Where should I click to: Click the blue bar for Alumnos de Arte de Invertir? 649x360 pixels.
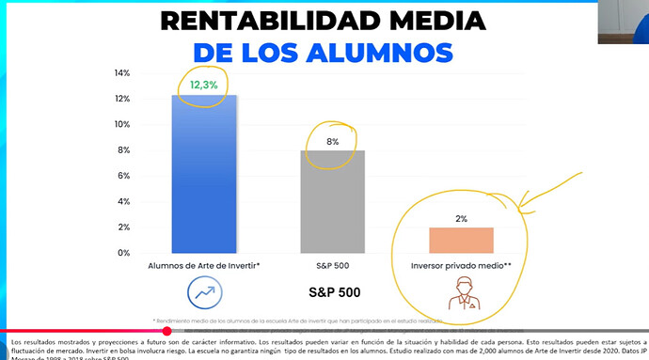click(x=203, y=174)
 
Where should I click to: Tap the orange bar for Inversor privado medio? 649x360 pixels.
click(x=461, y=240)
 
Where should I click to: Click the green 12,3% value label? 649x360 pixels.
click(x=204, y=85)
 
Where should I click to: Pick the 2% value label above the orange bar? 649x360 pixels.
click(x=461, y=218)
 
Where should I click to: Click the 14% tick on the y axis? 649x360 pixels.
click(x=121, y=73)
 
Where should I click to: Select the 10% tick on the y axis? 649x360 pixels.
click(x=121, y=125)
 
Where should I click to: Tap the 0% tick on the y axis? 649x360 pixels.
click(x=123, y=253)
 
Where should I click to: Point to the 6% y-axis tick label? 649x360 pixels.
click(x=123, y=176)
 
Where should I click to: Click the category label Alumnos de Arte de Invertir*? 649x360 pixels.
click(x=203, y=266)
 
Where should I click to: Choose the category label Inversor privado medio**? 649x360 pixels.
click(x=461, y=266)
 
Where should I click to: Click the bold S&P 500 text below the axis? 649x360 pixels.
click(x=334, y=291)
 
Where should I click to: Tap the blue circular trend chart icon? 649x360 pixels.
click(x=204, y=291)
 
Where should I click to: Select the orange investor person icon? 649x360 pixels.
click(x=461, y=293)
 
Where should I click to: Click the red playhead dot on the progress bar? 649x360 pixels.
click(x=167, y=331)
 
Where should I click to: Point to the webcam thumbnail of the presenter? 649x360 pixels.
click(x=623, y=22)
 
